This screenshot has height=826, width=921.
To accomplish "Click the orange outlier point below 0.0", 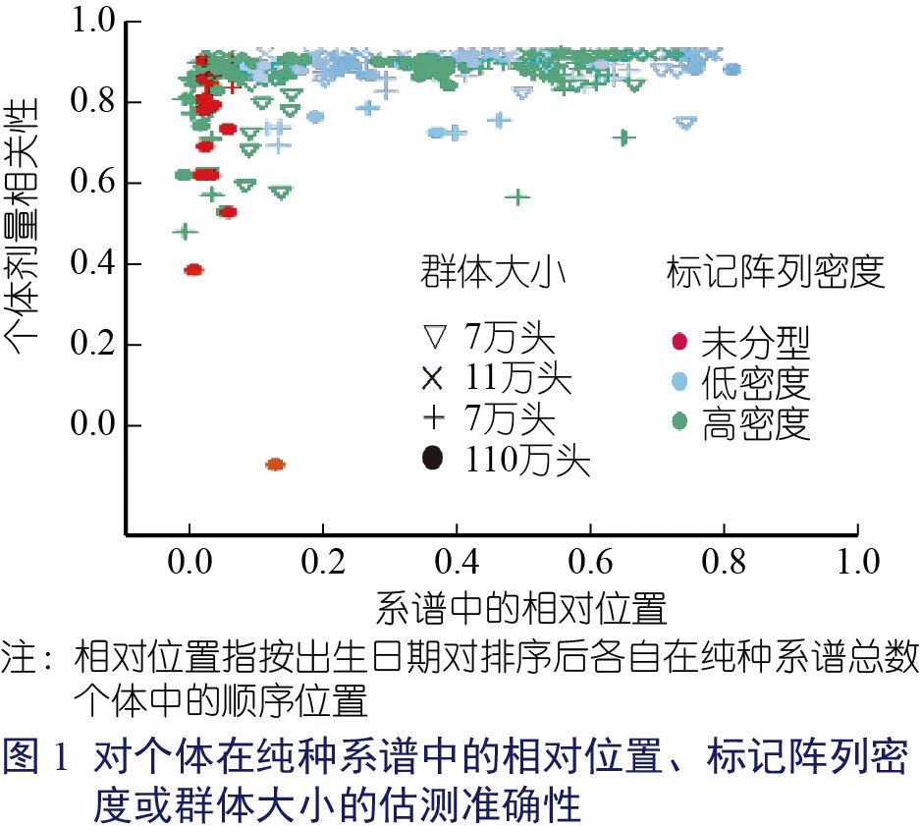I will point(275,464).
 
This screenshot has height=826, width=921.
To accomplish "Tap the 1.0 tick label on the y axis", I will point(93,21).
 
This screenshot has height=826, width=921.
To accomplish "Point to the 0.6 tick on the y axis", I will point(93,183).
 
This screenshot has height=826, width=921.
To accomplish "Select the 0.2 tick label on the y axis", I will point(93,345).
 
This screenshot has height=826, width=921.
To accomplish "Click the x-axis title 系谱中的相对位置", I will point(520,609).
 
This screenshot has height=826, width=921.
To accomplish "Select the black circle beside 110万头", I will point(433,459).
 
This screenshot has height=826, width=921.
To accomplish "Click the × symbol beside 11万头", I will point(433,379).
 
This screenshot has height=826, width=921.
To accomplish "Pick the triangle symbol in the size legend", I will point(433,340).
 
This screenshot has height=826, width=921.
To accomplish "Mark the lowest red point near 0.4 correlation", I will point(193,270).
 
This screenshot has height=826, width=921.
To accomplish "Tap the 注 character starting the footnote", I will point(20,658).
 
